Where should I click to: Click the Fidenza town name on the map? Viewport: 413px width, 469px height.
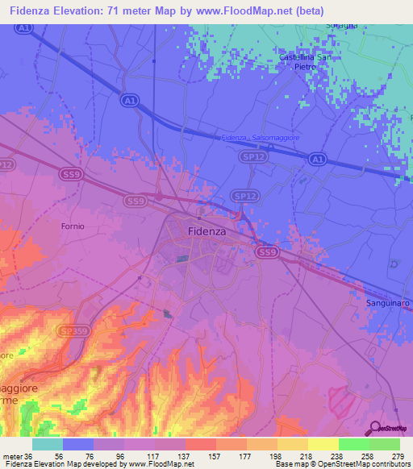206,230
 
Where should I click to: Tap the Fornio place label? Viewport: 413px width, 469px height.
72,226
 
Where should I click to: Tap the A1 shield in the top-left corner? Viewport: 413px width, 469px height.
24,30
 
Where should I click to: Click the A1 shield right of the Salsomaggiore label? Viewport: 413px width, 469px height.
318,160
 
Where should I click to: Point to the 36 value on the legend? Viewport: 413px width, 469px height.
24,455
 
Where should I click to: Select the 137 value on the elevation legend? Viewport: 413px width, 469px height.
169,455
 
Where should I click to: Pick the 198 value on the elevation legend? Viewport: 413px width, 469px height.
262,455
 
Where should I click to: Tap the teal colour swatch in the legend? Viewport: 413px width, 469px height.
48,444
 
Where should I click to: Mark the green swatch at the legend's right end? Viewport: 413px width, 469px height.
385,444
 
